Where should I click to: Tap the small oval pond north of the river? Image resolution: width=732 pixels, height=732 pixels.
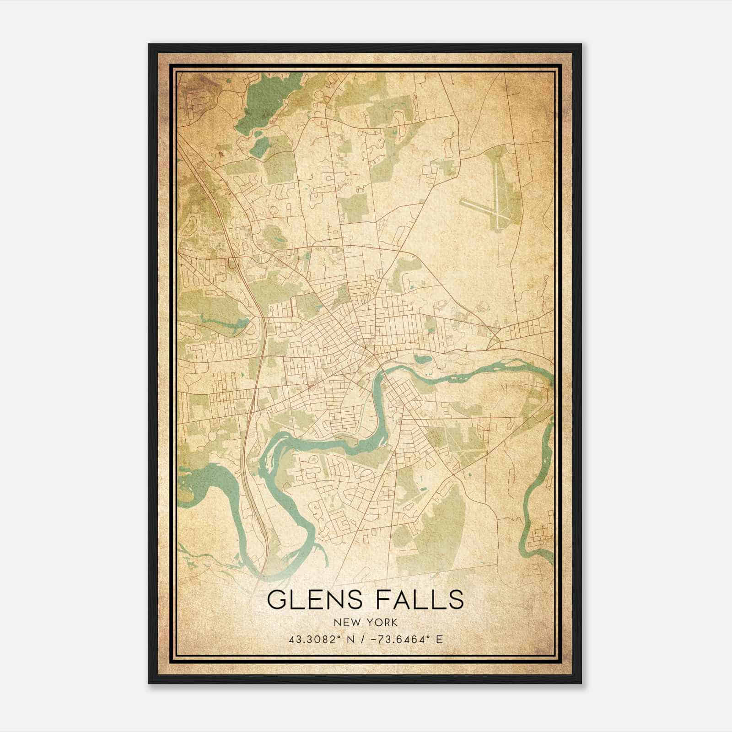[x=421, y=359]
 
